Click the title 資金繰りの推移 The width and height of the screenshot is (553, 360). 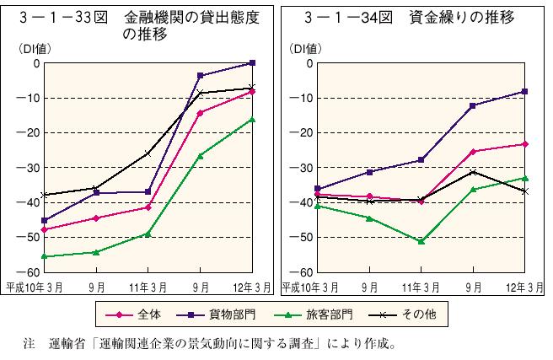[459, 17]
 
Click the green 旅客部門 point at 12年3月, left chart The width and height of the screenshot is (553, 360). [252, 119]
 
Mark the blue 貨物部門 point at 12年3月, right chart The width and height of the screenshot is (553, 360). [525, 91]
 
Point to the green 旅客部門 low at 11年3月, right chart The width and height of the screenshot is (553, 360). [421, 241]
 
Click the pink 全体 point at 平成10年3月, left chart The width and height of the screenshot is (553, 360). [44, 229]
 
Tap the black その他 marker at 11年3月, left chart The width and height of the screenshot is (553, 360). [148, 153]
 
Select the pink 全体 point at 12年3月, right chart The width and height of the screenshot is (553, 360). [525, 144]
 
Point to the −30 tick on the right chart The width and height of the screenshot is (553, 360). [299, 168]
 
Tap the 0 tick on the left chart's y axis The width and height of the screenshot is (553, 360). [35, 63]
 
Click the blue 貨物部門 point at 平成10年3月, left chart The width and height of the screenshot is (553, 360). [44, 221]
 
